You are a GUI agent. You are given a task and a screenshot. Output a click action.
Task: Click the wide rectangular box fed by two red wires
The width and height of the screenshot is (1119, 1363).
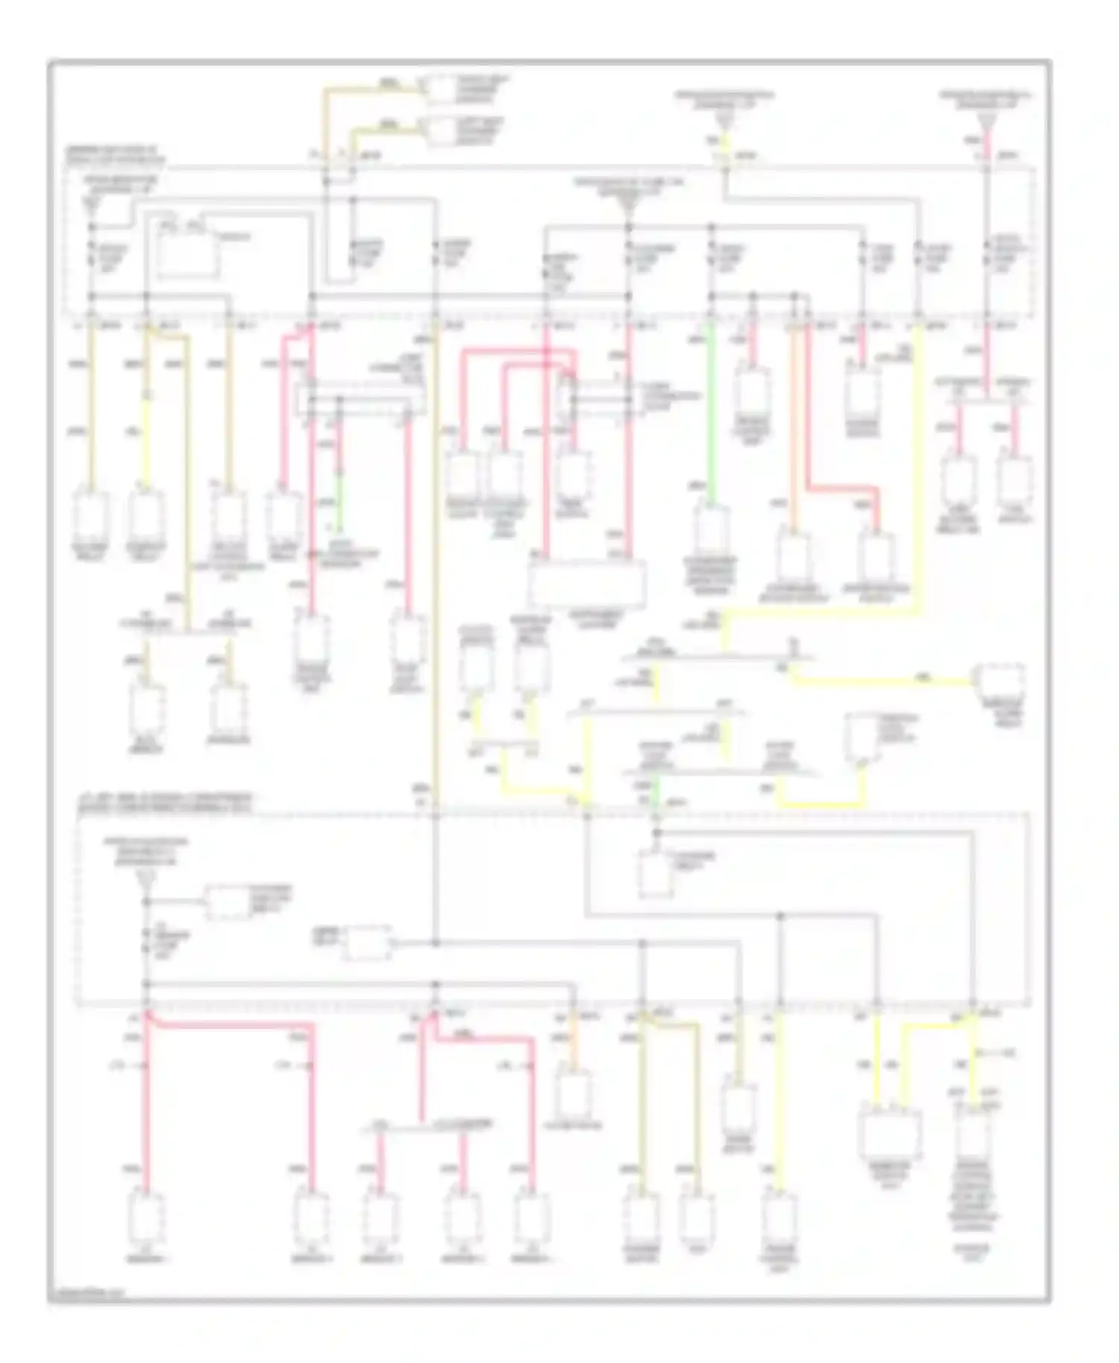587,583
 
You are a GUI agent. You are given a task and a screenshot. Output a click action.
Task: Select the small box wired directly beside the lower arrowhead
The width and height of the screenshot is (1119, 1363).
228,902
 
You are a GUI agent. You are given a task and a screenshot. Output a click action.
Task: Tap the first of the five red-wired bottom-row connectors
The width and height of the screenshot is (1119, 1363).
147,1220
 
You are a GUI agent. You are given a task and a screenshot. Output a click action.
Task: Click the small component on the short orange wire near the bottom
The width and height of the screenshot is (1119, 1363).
574,1095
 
